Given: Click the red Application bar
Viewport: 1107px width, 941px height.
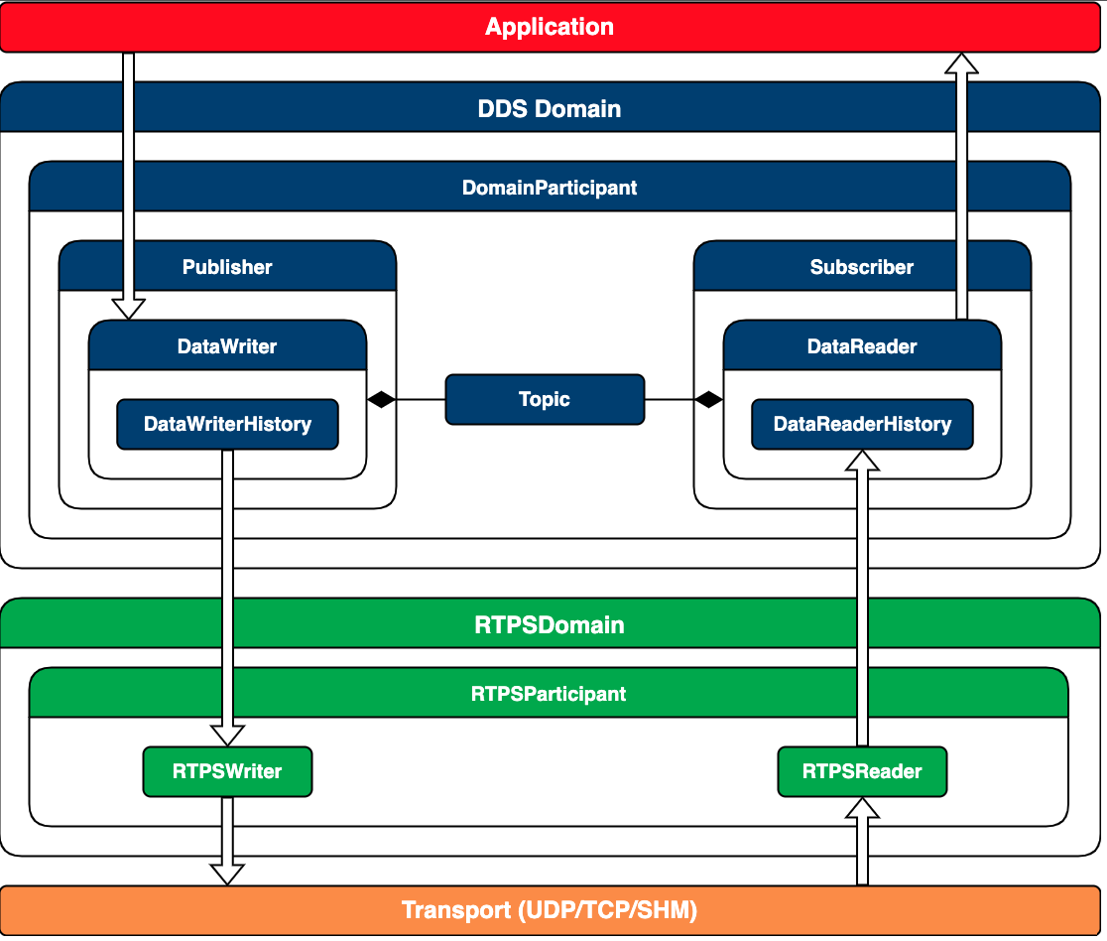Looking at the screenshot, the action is [550, 27].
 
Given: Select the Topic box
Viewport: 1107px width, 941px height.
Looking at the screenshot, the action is [545, 400].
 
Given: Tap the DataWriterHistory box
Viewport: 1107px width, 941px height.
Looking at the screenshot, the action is [227, 424].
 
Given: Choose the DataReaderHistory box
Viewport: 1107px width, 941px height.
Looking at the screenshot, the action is [862, 424].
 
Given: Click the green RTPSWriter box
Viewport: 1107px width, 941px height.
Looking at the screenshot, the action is [227, 771].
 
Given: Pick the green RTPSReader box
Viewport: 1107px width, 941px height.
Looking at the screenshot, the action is [862, 771].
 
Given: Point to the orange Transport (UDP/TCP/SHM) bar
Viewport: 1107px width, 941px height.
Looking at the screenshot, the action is [550, 910].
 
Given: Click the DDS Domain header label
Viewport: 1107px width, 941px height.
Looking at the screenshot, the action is [550, 109].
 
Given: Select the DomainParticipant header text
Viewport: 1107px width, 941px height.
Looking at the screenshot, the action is [550, 188].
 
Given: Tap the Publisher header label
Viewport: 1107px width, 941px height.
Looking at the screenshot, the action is [227, 267].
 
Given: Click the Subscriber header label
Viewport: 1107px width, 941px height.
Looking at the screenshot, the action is [862, 267].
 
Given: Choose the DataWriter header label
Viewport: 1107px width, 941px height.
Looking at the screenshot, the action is [227, 346].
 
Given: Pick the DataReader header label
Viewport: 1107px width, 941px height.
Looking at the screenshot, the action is [862, 346].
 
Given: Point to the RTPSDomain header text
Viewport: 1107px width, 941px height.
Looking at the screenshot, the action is [550, 625].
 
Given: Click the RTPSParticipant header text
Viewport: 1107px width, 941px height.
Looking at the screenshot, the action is [549, 694].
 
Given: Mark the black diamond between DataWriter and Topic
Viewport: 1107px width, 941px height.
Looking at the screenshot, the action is [382, 400].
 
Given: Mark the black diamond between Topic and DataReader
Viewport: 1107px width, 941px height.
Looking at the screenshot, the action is [709, 400].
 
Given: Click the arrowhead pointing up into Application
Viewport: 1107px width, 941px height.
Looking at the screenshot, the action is [961, 63].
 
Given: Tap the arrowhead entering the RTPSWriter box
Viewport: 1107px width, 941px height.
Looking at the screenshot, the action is [227, 736].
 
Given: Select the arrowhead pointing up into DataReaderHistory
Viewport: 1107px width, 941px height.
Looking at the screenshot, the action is [862, 460].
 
